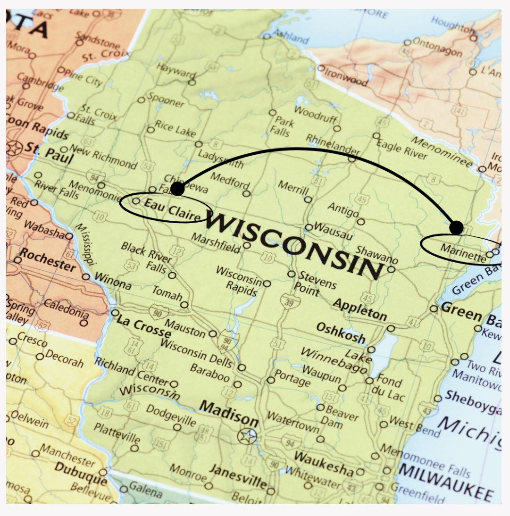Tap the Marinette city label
pos(463,251)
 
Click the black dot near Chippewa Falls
pos(177,189)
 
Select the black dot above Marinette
pos(456,227)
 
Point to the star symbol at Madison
pos(247,436)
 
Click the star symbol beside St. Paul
pos(14,148)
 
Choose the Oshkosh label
pos(341,333)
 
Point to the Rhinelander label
pos(333,144)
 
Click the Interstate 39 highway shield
pos(286,300)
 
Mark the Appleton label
pos(360,309)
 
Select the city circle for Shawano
pos(391,269)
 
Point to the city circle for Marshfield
pos(247,245)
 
